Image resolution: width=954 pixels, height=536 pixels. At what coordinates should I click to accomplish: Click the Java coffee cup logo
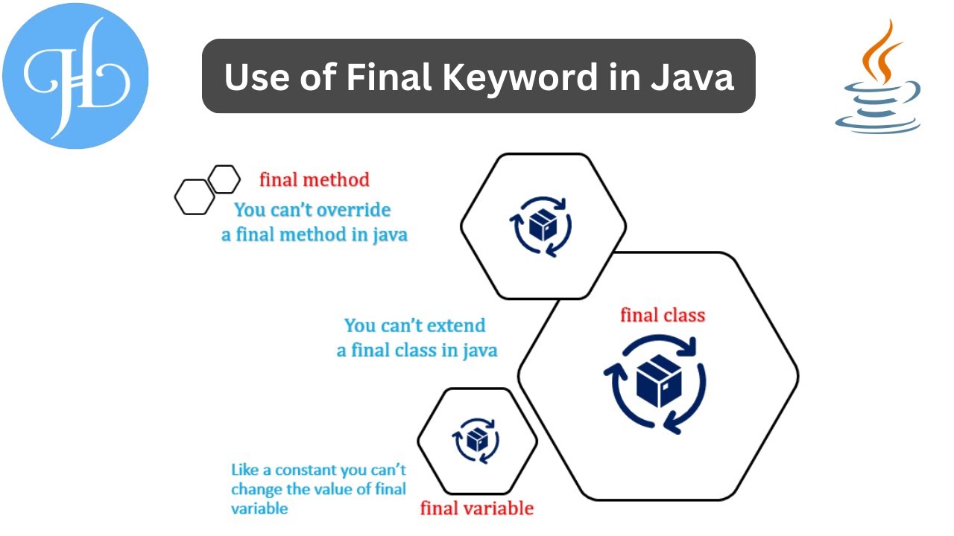coord(877,78)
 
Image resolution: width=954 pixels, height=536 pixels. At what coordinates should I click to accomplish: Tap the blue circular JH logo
coord(75,75)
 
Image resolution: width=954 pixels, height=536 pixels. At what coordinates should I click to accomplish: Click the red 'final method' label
coord(314,179)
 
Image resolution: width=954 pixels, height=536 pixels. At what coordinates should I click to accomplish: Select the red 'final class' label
coord(663,315)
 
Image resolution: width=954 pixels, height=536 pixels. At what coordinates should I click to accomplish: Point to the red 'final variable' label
coord(477,508)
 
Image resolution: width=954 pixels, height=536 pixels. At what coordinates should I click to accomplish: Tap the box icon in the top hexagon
coord(542,225)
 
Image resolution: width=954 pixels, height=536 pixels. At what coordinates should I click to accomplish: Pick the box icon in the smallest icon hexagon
coord(476,441)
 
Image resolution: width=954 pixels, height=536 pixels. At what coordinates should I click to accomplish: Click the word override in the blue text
coord(354,211)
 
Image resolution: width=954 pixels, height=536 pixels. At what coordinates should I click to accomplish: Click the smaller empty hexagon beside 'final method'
coord(224,179)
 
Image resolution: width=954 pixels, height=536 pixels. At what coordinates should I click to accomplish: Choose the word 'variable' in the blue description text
coord(259,509)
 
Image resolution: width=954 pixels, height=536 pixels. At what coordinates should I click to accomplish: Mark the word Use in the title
coord(252,77)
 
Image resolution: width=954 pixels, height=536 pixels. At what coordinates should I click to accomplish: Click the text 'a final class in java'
coord(417,350)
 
